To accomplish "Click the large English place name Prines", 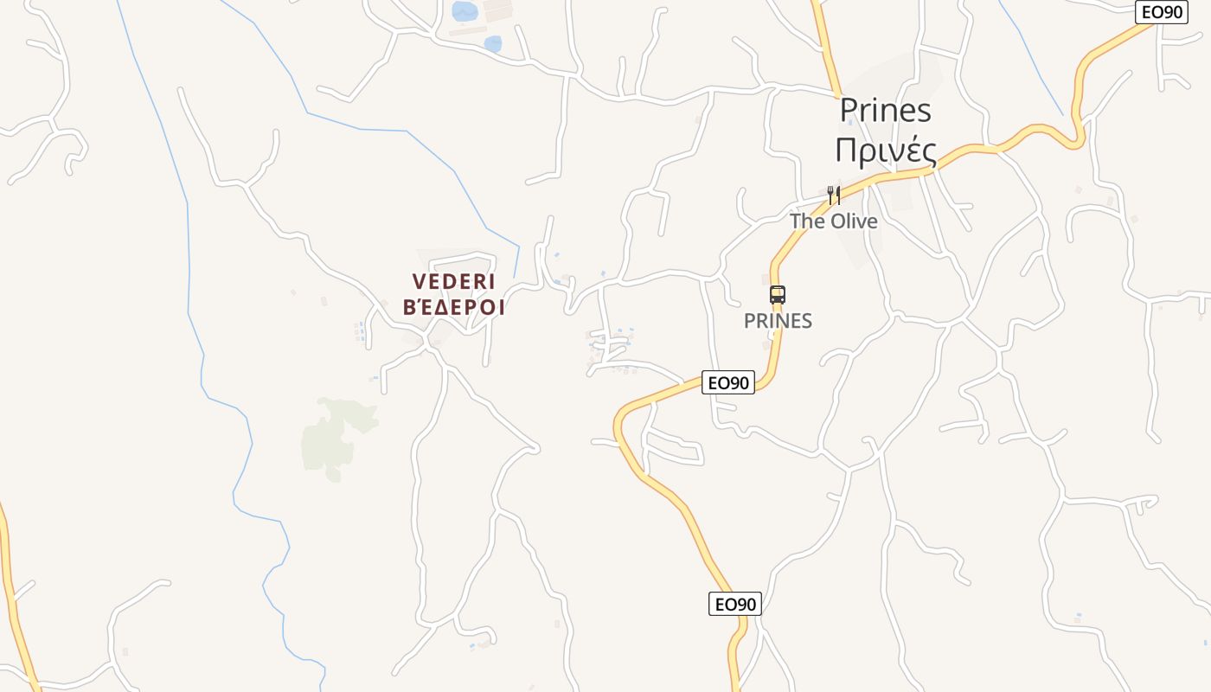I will (886, 110).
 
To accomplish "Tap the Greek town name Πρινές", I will (886, 151).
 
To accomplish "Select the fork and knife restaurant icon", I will (834, 195).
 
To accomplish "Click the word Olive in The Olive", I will (854, 221).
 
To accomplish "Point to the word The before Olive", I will (807, 221).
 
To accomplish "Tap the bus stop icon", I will (778, 294).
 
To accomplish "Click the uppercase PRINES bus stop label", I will (778, 321).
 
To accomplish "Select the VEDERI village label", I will (453, 282).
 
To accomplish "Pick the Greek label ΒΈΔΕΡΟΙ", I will (454, 308).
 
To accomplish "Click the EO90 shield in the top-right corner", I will (1161, 12).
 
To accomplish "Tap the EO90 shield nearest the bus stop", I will (728, 382).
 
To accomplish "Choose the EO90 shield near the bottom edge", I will (735, 604).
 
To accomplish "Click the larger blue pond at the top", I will (465, 11).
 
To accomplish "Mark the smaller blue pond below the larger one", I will (492, 43).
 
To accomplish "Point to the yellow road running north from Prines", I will (826, 43).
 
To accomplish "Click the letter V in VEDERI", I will (420, 282).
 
